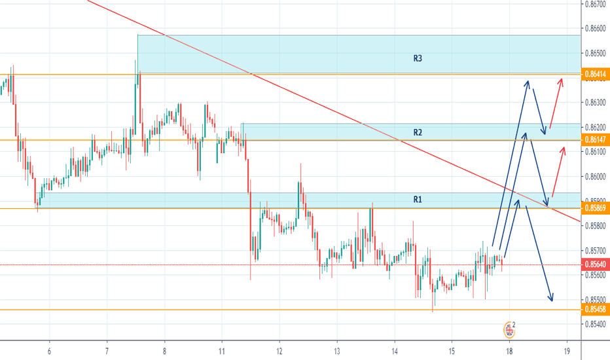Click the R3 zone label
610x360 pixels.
click(x=418, y=59)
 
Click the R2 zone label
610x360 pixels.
click(x=418, y=133)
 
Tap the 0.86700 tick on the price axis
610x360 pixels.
click(x=594, y=5)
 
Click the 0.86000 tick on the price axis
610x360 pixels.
click(x=594, y=177)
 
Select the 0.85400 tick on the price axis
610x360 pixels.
click(x=594, y=324)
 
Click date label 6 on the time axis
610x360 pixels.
click(x=49, y=351)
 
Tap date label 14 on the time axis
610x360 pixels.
click(x=395, y=351)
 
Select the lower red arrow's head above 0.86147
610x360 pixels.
click(x=563, y=149)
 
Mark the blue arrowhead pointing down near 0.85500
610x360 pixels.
click(x=552, y=300)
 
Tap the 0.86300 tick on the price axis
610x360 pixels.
click(x=594, y=103)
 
